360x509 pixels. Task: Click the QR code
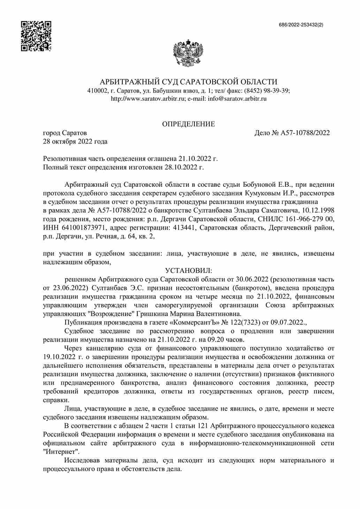pyautogui.click(x=36, y=36)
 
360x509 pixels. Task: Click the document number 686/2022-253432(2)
pyautogui.click(x=301, y=25)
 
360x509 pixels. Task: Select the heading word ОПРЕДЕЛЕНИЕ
pyautogui.click(x=189, y=124)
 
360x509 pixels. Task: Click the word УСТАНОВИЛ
pyautogui.click(x=189, y=271)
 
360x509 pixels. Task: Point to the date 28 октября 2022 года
pyautogui.click(x=75, y=141)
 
